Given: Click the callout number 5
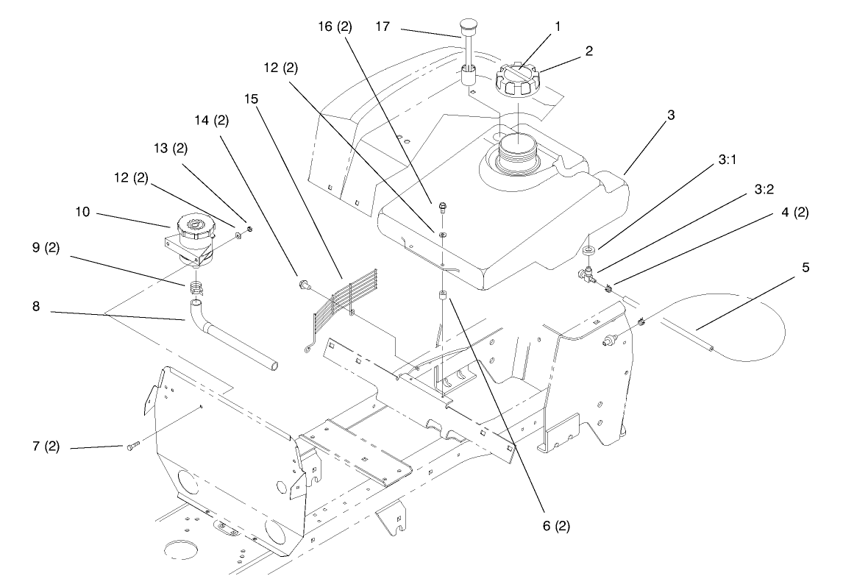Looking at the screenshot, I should (x=805, y=268).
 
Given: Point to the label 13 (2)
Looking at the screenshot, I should (x=171, y=148).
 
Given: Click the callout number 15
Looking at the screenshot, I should (x=260, y=98).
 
